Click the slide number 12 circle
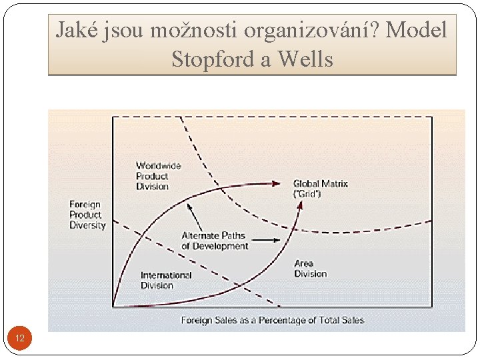pyautogui.click(x=20, y=339)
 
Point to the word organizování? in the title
pyautogui.click(x=313, y=30)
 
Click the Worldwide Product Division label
pyautogui.click(x=158, y=176)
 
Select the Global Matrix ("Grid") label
pyautogui.click(x=320, y=189)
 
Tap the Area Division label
pyautogui.click(x=311, y=269)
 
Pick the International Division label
pyautogui.click(x=166, y=280)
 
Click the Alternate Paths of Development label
pyautogui.click(x=215, y=241)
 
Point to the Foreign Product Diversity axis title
pyautogui.click(x=87, y=215)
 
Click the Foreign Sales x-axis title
pyautogui.click(x=272, y=321)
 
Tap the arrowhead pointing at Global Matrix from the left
pyautogui.click(x=277, y=182)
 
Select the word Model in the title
pyautogui.click(x=417, y=30)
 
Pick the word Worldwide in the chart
pyautogui.click(x=159, y=166)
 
